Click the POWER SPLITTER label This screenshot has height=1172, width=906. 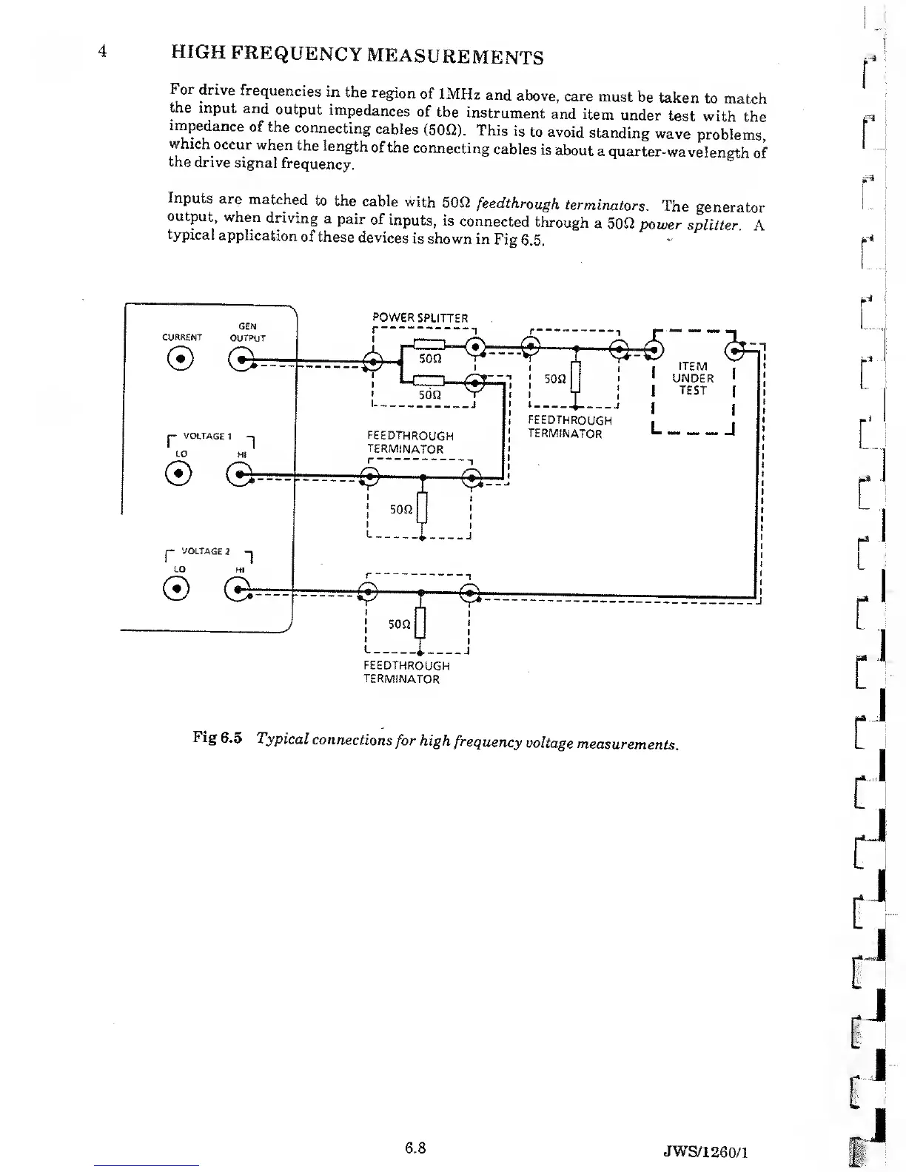pyautogui.click(x=420, y=318)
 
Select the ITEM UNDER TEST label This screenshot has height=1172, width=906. pyautogui.click(x=693, y=378)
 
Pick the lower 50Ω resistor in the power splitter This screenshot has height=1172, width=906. pyautogui.click(x=429, y=381)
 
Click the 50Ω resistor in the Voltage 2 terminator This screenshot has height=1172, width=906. pyautogui.click(x=420, y=624)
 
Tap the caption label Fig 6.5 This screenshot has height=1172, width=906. pyautogui.click(x=218, y=738)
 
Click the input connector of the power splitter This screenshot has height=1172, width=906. pyautogui.click(x=375, y=361)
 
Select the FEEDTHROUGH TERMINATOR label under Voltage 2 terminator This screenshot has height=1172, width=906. pyautogui.click(x=406, y=672)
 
